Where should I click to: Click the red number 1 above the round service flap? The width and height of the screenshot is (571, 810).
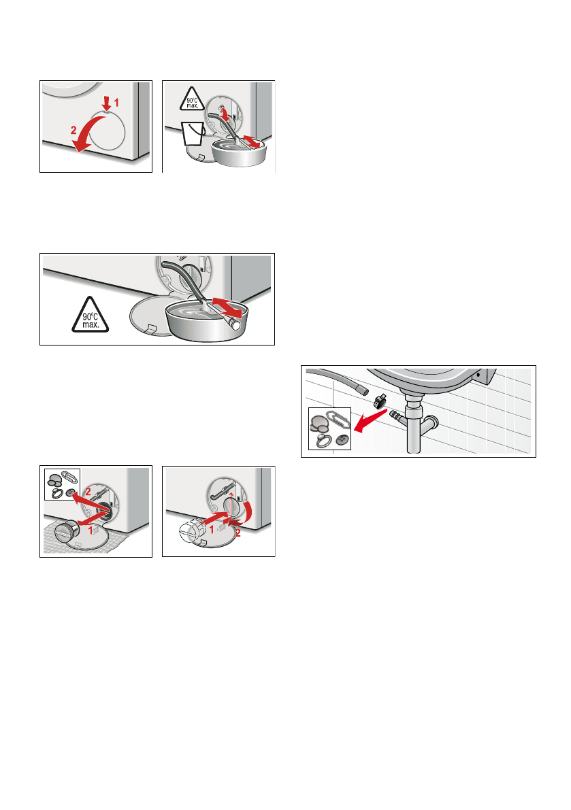click(117, 103)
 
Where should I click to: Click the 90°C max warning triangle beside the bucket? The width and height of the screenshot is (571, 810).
click(192, 99)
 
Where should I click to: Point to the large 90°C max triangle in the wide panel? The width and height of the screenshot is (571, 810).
click(91, 316)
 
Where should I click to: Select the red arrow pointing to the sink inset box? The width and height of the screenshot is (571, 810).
click(370, 421)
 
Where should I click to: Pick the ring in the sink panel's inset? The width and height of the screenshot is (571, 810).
click(324, 441)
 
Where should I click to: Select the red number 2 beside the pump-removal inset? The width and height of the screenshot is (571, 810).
click(88, 492)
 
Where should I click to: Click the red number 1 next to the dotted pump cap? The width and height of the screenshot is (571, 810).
click(212, 530)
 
